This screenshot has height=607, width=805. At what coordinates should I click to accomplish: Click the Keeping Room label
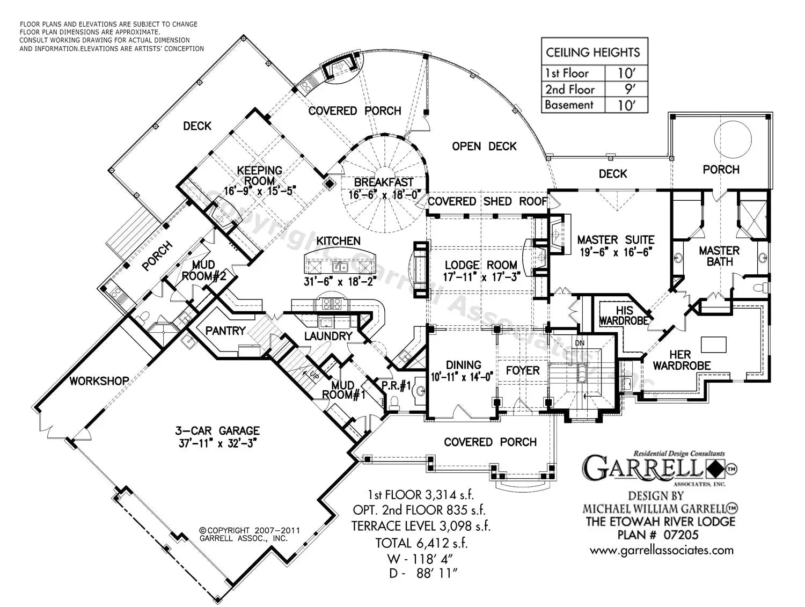pos(260,175)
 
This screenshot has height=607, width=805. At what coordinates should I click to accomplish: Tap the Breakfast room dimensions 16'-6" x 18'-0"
pos(384,194)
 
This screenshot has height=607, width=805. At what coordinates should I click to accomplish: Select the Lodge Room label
pos(481,265)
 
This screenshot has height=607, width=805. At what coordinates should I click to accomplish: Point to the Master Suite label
pos(616,240)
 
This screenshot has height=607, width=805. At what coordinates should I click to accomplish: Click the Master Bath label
pos(719,256)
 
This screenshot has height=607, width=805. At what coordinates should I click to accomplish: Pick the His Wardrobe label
pos(624,316)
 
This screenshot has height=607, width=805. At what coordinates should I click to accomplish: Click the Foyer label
pos(522,370)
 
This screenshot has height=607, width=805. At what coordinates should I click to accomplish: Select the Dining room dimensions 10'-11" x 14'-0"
pos(463,376)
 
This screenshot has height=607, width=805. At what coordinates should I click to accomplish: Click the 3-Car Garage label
pos(217,430)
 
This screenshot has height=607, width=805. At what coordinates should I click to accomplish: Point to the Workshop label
pos(99,381)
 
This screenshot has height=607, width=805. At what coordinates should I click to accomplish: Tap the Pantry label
pos(225,331)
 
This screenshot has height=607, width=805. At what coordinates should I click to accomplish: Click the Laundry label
pos(328,336)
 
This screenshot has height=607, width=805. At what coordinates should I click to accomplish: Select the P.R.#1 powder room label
pos(396,385)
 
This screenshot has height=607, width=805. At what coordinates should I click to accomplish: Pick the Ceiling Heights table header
pos(593,52)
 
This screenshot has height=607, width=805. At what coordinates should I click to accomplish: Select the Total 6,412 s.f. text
pos(421,543)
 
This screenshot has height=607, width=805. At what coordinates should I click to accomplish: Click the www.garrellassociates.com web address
pos(661,550)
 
